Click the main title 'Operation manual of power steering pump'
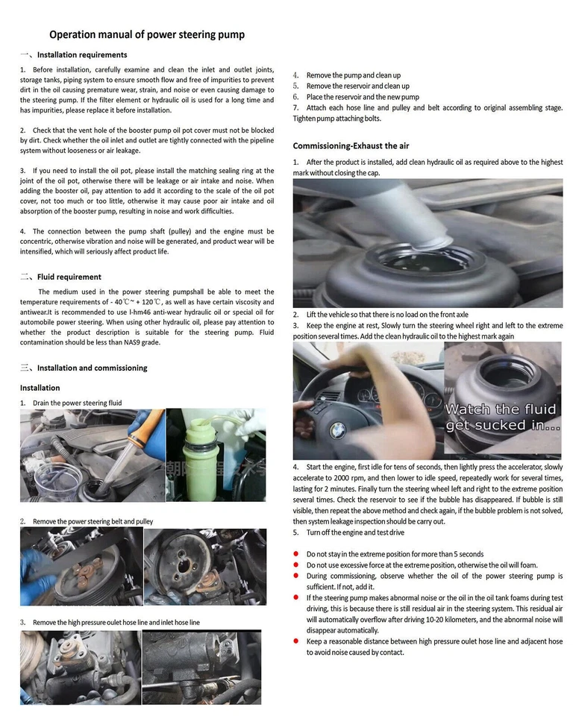147,34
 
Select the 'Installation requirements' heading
82,54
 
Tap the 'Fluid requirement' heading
69,277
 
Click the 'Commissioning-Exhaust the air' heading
351,145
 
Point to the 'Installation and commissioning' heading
92,368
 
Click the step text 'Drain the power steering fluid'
77,403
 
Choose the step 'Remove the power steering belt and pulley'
93,521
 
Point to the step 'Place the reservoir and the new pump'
363,97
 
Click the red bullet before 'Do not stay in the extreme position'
296,554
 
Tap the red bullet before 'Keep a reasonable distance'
296,641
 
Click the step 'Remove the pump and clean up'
353,75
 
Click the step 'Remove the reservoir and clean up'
357,87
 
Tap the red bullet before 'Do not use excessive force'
296,565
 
